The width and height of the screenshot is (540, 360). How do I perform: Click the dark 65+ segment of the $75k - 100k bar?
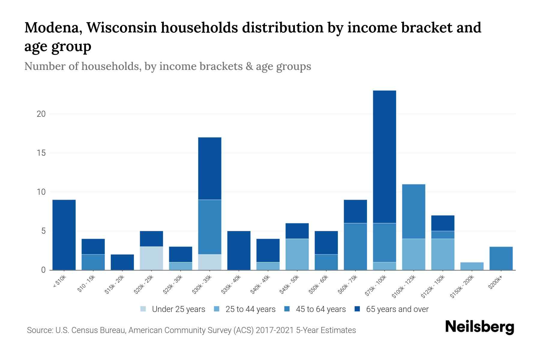(x=384, y=157)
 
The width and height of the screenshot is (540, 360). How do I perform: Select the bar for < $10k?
(x=64, y=235)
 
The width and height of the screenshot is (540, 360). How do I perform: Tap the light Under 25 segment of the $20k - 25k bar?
(x=151, y=258)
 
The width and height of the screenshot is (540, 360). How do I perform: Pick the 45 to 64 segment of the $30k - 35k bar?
(x=210, y=227)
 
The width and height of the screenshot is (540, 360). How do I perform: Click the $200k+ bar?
(x=501, y=258)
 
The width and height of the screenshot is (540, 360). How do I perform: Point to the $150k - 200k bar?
(x=472, y=266)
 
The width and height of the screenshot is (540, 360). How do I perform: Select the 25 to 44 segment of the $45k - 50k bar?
(x=297, y=254)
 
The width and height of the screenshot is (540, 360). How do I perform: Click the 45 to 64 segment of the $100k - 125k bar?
(x=414, y=211)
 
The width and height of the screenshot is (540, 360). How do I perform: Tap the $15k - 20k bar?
(x=122, y=262)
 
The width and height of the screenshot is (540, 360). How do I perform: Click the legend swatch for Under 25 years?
(x=143, y=309)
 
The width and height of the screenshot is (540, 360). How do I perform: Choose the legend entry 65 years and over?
(x=397, y=309)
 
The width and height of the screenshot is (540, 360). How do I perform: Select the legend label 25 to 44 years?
(x=250, y=309)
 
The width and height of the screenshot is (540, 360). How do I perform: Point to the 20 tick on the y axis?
(x=41, y=114)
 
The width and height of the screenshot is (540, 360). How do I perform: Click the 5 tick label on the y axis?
(x=43, y=231)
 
